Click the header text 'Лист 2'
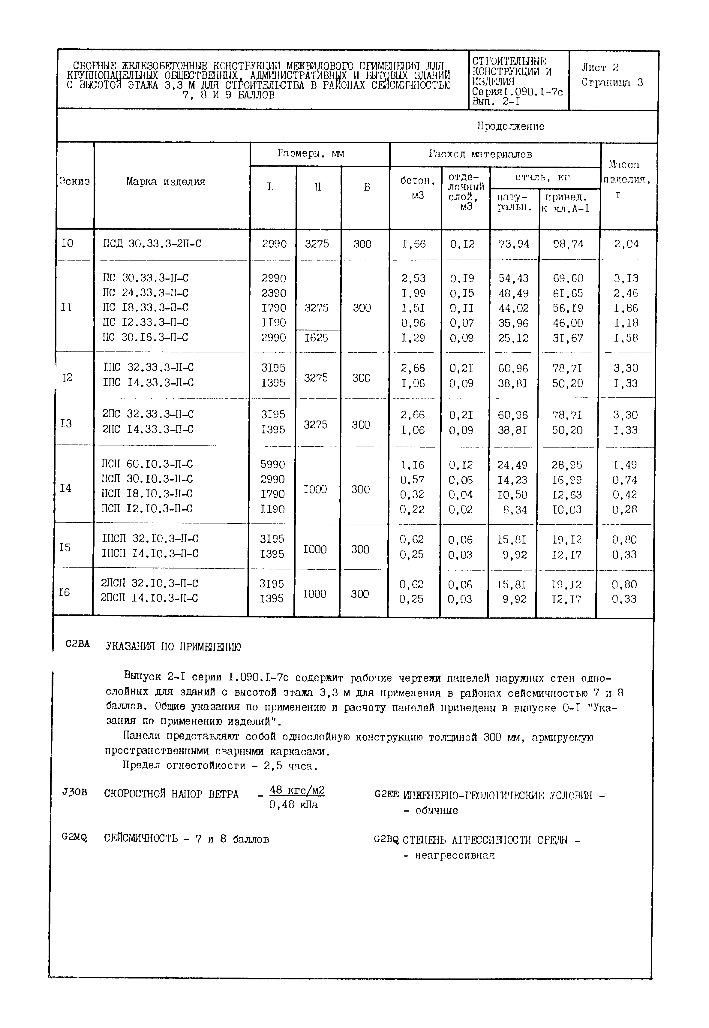600,68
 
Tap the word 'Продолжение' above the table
510,127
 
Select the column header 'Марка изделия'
166,182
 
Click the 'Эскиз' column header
75,182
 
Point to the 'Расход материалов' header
480,154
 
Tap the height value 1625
316,338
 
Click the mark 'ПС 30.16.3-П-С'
145,338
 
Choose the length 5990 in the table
272,465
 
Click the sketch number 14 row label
65,488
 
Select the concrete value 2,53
413,279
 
